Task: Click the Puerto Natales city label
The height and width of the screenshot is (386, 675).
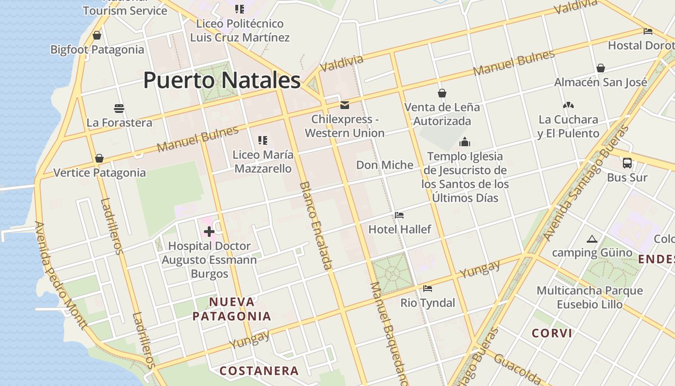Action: click(x=222, y=80)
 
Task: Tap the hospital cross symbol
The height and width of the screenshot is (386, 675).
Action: click(x=209, y=232)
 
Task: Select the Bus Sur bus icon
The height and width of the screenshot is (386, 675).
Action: click(x=627, y=163)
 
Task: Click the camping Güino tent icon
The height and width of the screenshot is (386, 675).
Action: click(x=592, y=239)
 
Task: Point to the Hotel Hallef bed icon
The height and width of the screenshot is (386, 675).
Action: click(x=399, y=215)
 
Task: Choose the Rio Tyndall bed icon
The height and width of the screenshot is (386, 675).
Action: click(x=427, y=289)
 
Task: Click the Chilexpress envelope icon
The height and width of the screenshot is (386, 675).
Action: click(x=345, y=105)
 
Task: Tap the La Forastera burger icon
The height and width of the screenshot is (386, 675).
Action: click(x=119, y=108)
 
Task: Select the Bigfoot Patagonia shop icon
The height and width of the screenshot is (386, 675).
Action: click(x=97, y=35)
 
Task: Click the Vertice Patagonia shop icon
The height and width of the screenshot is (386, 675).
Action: click(x=99, y=158)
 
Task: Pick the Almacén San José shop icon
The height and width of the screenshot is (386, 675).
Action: click(x=600, y=68)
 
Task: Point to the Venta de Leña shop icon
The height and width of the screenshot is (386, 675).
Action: click(x=442, y=93)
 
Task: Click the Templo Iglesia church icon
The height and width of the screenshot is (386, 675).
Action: click(x=465, y=142)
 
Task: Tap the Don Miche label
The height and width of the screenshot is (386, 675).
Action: click(x=384, y=165)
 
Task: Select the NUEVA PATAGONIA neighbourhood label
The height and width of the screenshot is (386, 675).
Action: click(x=231, y=309)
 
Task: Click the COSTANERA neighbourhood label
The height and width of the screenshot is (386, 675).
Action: click(x=259, y=371)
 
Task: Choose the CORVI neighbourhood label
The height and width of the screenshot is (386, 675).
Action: click(x=552, y=333)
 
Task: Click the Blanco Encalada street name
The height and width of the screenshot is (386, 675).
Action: click(x=316, y=225)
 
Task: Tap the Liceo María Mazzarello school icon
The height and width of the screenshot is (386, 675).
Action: click(x=263, y=140)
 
